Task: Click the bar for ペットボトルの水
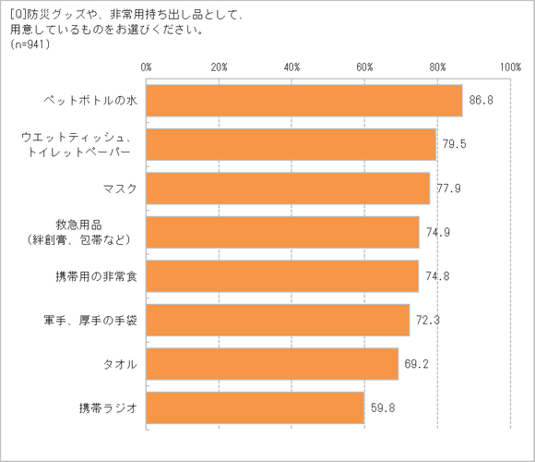304,101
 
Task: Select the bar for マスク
288,188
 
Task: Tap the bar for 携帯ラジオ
256,408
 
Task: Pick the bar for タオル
272,364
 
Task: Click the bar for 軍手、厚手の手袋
278,321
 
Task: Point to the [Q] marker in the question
16,12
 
